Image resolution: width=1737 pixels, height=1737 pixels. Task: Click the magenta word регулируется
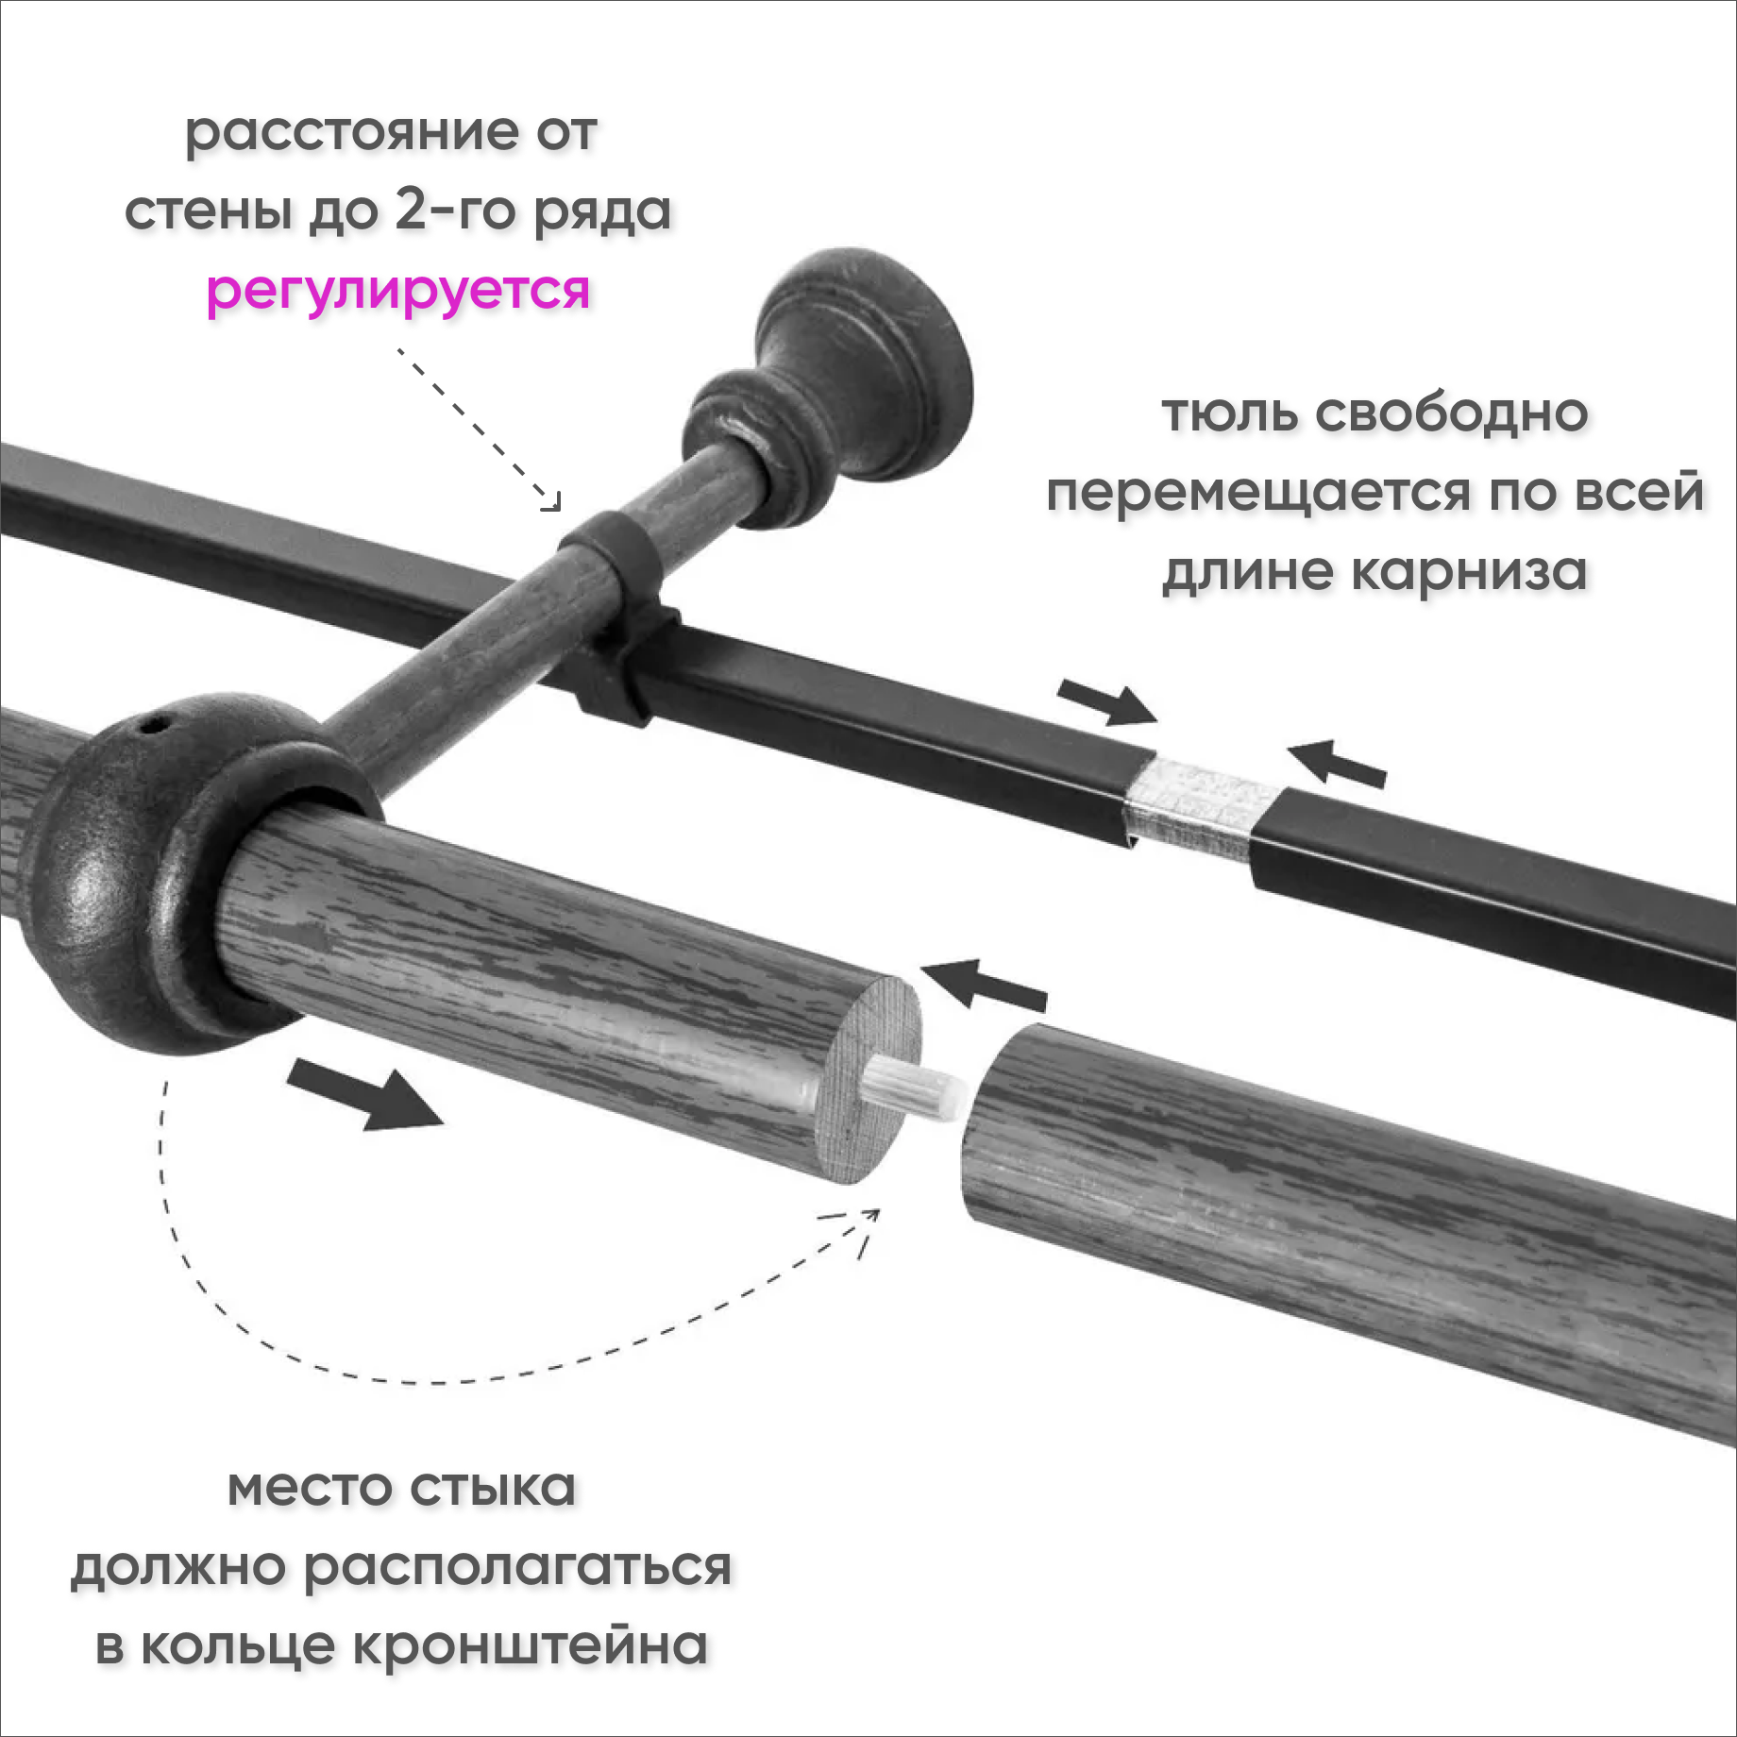(397, 291)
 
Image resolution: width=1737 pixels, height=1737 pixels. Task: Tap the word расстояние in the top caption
(351, 132)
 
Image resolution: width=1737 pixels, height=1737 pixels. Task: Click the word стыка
(493, 1489)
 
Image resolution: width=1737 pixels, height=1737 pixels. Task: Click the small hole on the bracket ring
(153, 726)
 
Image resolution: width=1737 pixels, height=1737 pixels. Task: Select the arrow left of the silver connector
(1106, 701)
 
